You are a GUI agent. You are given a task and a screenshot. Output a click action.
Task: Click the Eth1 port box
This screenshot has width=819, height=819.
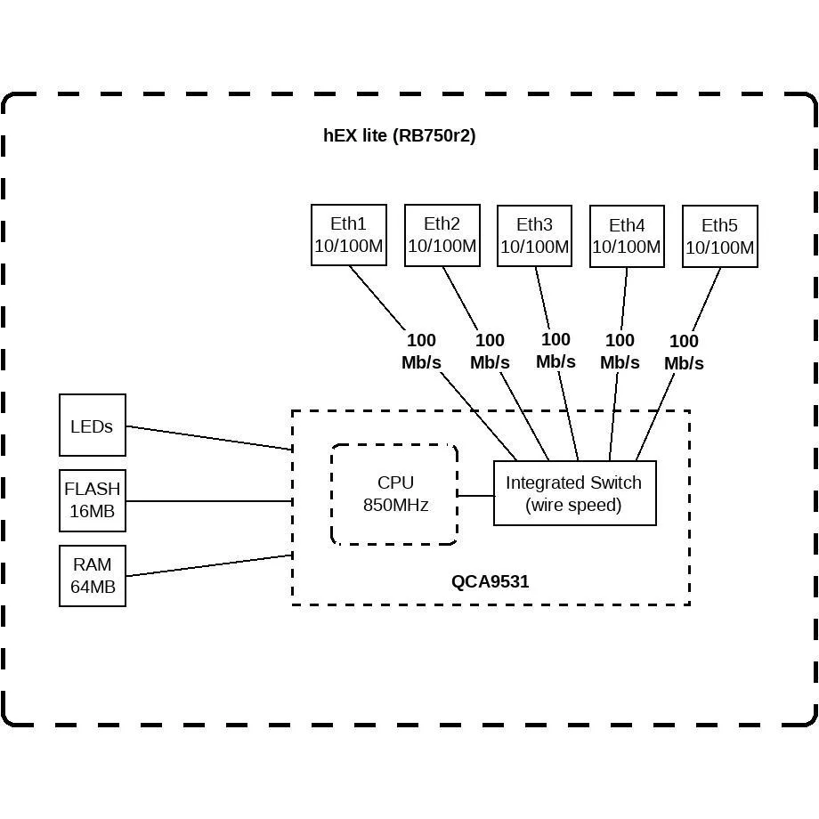[348, 235]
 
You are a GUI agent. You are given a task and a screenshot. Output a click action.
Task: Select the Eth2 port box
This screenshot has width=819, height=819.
[442, 235]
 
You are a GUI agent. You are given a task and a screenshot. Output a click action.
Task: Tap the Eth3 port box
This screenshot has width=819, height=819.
[534, 236]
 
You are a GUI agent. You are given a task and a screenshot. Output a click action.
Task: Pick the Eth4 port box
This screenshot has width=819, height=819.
[627, 236]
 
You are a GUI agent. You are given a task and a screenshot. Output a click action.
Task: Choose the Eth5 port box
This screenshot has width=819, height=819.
[720, 236]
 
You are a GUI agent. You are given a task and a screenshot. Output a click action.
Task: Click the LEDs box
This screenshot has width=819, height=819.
[93, 426]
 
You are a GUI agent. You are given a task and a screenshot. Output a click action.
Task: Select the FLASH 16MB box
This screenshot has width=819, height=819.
[93, 500]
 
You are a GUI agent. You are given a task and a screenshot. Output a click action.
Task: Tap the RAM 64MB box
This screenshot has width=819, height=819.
[93, 576]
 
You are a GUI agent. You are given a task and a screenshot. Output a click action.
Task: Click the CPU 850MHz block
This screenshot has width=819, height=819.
[394, 494]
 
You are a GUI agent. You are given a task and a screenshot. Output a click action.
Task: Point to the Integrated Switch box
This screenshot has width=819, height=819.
[574, 493]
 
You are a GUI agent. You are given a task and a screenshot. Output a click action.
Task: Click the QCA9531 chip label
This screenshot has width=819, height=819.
[490, 581]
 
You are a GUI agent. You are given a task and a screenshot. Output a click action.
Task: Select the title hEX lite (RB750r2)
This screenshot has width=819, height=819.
[400, 136]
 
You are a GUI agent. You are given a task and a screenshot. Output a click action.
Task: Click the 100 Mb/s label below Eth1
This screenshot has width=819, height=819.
[421, 351]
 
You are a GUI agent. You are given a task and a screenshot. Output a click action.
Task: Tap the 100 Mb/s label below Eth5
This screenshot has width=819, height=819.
[684, 352]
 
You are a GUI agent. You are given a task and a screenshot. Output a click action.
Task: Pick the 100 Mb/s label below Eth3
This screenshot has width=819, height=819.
[555, 351]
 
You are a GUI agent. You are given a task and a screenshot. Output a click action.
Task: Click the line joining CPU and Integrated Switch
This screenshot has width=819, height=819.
[476, 496]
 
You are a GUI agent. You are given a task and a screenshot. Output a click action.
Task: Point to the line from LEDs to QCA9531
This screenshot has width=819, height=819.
[209, 438]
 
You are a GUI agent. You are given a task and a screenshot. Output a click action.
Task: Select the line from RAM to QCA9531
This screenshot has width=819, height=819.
[209, 565]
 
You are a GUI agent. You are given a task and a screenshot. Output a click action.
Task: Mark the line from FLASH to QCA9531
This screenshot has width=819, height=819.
[209, 501]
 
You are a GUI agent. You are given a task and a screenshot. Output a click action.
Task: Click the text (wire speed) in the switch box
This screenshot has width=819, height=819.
[573, 505]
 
